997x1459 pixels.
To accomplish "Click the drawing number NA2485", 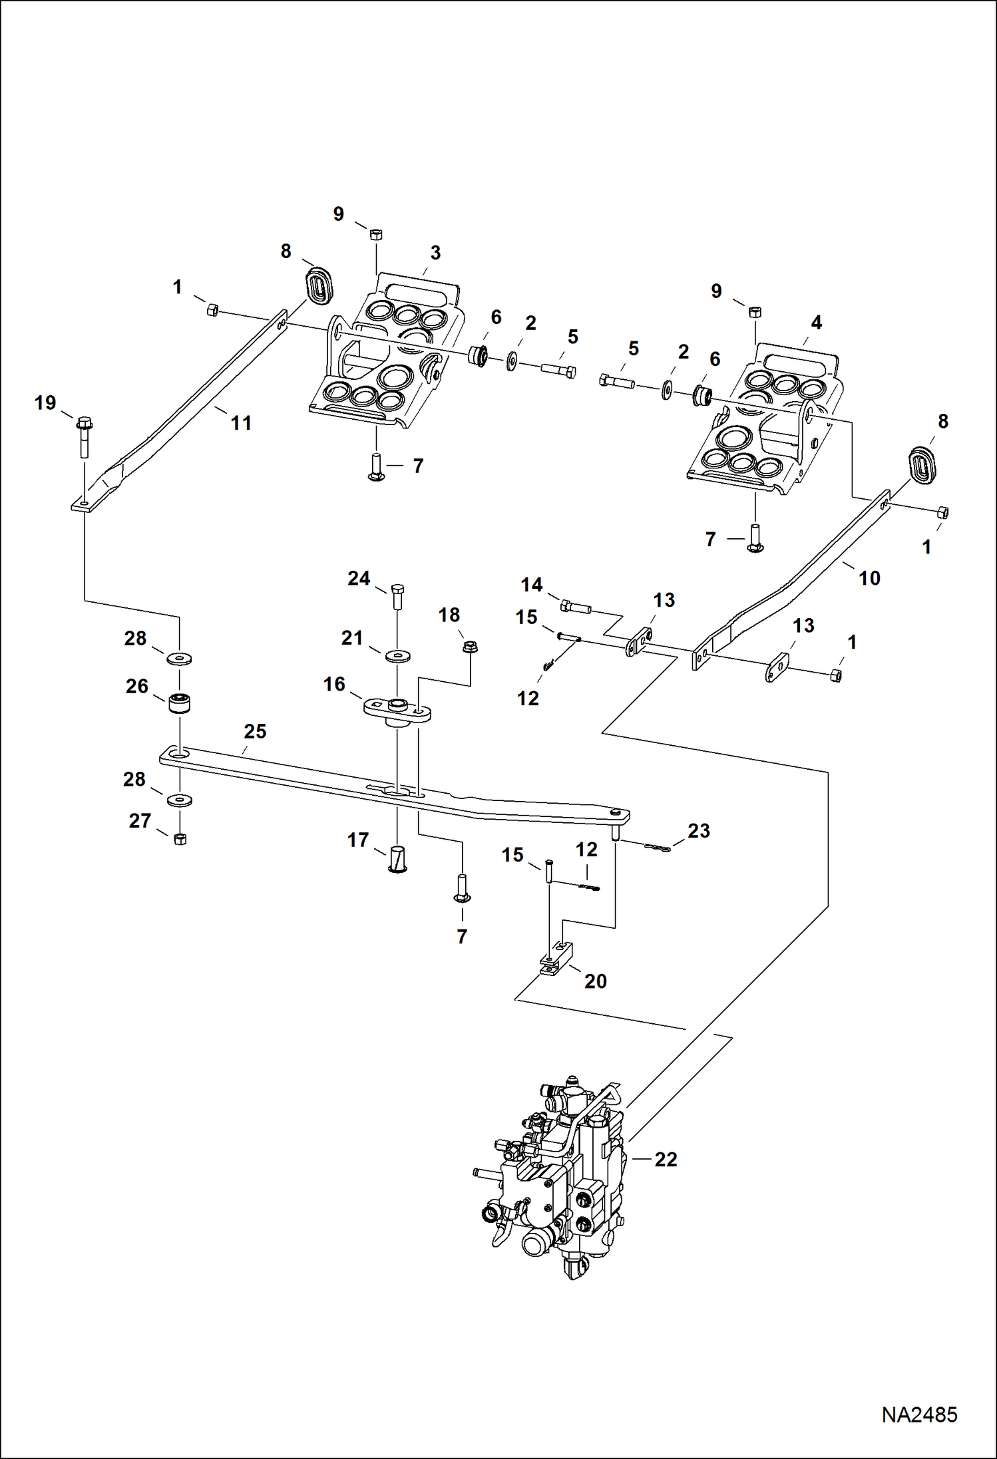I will point(919,1414).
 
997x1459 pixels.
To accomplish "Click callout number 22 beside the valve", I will point(666,1160).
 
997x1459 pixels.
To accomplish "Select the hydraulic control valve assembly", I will point(556,1178).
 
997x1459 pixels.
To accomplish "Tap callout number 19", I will point(45,403).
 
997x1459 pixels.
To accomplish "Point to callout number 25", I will point(255,731).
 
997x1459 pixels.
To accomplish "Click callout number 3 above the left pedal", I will point(435,253).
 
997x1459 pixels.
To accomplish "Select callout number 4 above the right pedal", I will point(817,323).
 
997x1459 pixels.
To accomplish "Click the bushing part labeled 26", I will point(179,703).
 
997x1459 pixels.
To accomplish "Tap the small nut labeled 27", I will point(179,839).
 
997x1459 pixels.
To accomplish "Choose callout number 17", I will point(358,840).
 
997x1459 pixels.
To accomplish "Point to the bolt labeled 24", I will point(397,595).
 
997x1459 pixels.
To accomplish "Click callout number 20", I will point(596,981).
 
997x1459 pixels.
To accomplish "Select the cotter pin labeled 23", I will point(658,848).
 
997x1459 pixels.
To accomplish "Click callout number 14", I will point(531,585).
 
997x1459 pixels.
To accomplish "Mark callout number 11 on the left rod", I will point(241,422).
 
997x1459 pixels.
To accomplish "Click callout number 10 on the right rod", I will point(869,578).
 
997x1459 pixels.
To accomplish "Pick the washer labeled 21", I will point(397,656).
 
